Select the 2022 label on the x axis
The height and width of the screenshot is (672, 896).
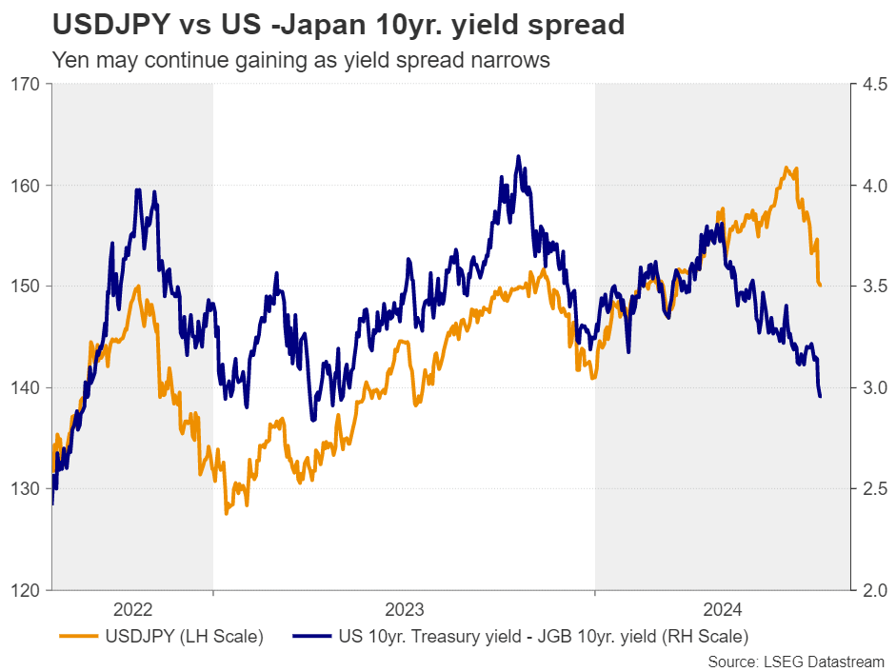tap(132, 608)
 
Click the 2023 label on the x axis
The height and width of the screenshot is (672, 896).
tap(404, 608)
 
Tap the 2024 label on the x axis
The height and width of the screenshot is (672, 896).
tap(721, 608)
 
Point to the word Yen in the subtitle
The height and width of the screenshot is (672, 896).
tap(70, 60)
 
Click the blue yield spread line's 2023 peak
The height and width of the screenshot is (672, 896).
tap(518, 156)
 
